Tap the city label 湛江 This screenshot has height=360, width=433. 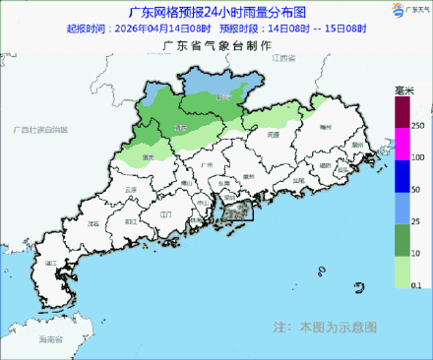(x=50, y=264)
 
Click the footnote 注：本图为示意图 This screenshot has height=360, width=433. (x=323, y=326)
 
